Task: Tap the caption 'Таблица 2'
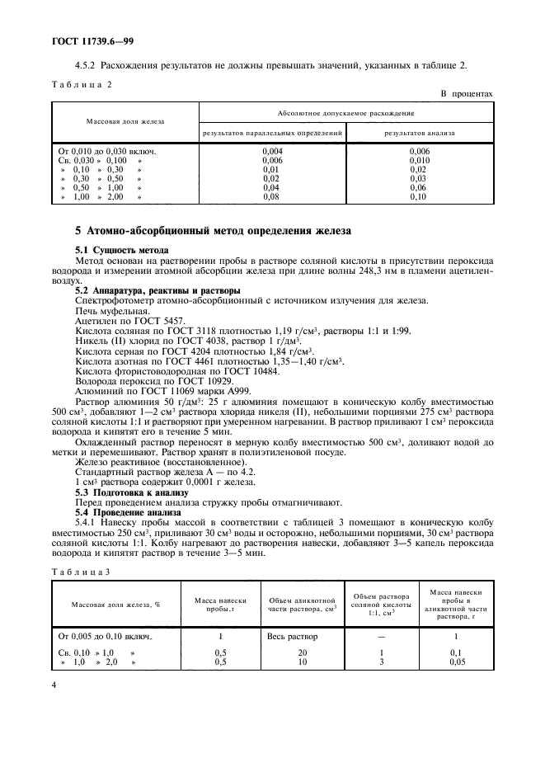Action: pos(79,84)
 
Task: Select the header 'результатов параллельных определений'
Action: pos(272,132)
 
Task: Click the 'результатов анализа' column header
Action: pos(420,132)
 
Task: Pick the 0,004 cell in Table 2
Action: pos(272,152)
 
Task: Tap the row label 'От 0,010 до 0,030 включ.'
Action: pos(107,152)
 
